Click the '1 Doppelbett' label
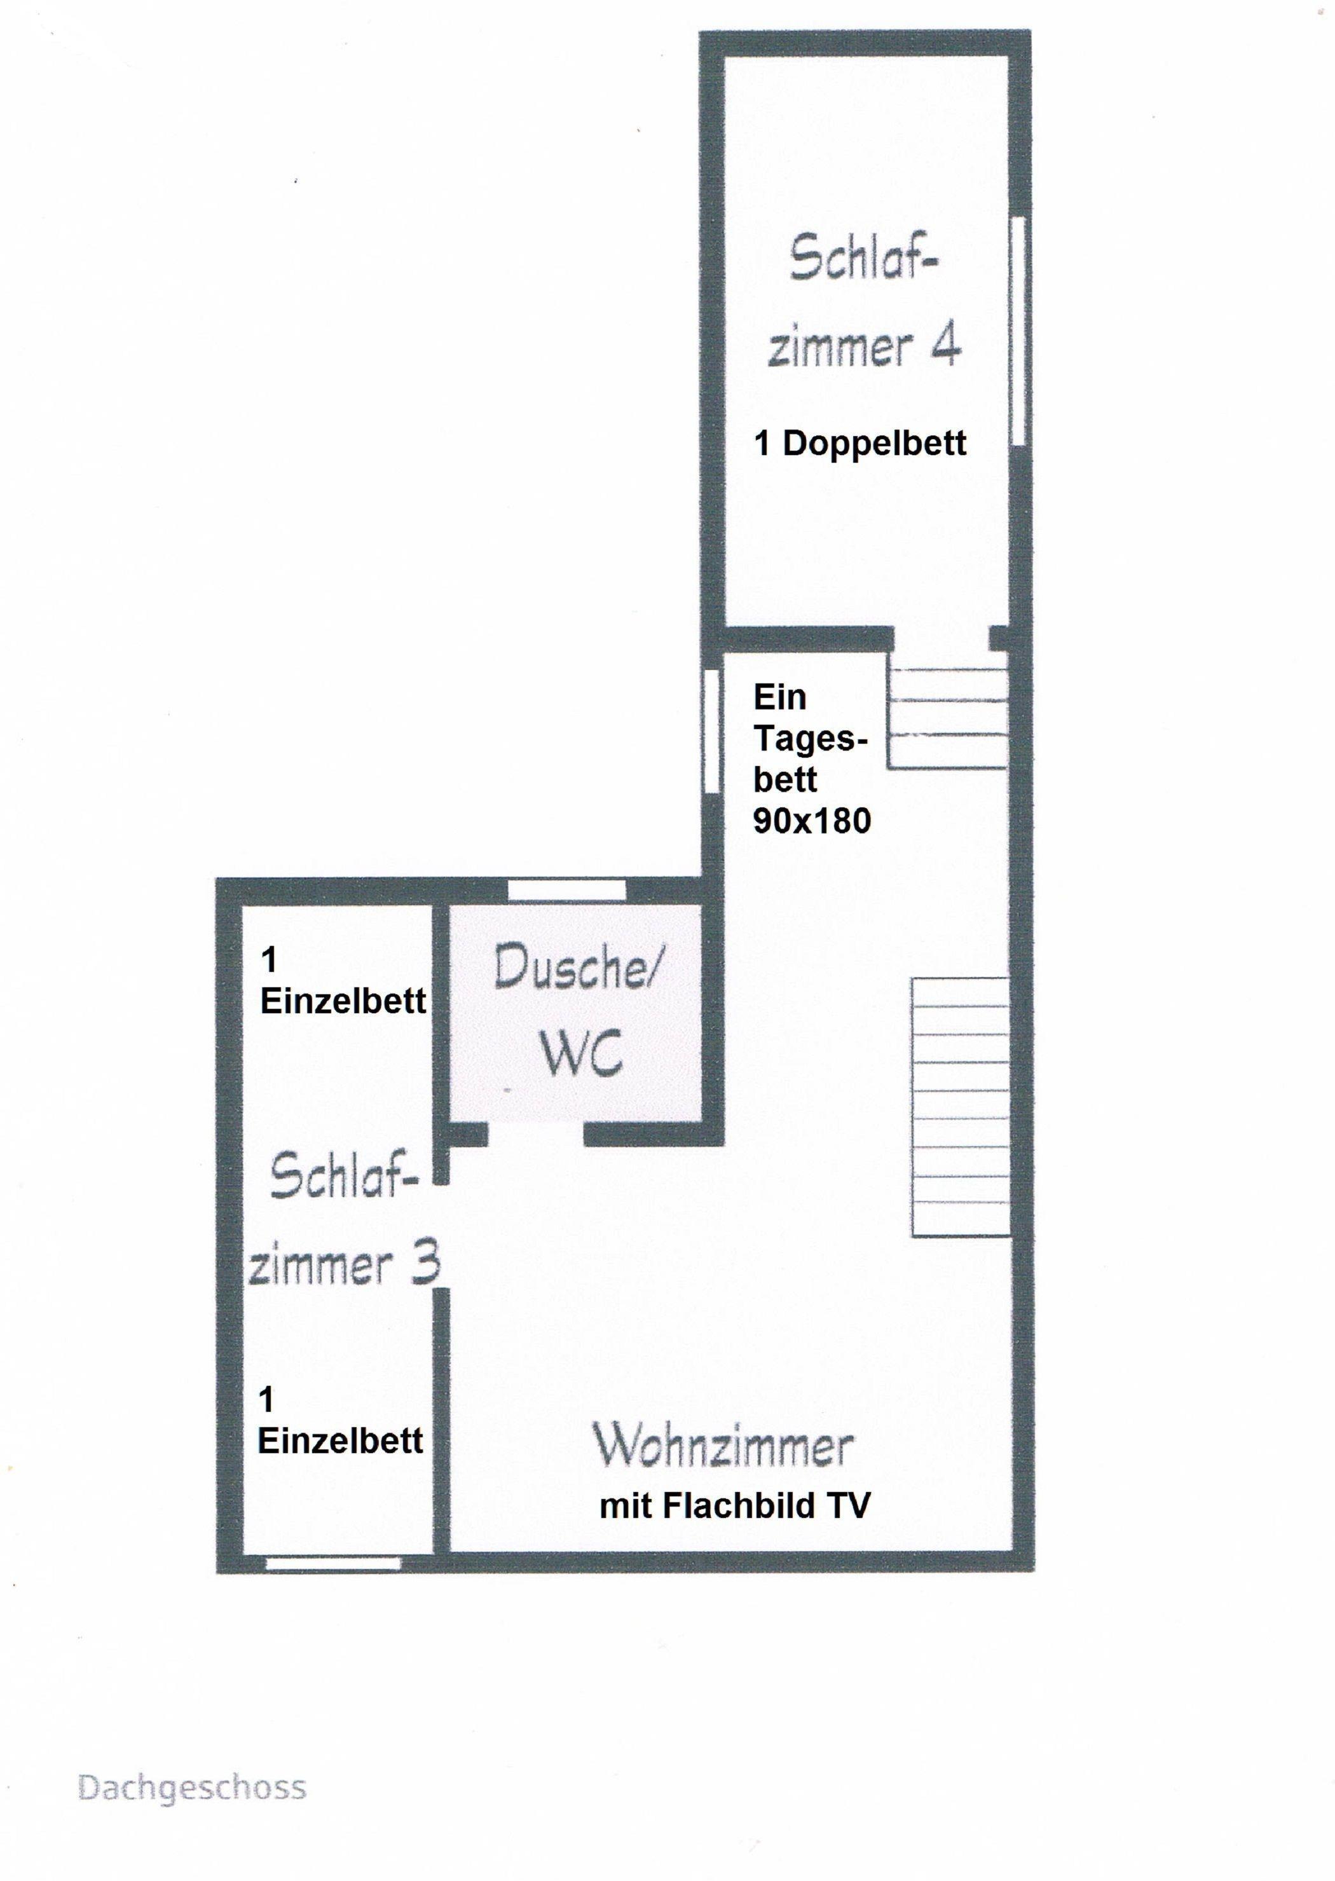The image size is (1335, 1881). click(860, 444)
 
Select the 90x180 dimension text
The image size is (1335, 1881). click(812, 821)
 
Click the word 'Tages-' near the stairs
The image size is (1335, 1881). click(811, 739)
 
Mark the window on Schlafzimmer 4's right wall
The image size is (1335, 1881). click(1018, 331)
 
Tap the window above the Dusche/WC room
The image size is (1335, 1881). click(566, 889)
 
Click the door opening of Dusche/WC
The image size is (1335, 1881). click(536, 1133)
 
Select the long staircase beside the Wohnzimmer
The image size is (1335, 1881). click(960, 1107)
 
